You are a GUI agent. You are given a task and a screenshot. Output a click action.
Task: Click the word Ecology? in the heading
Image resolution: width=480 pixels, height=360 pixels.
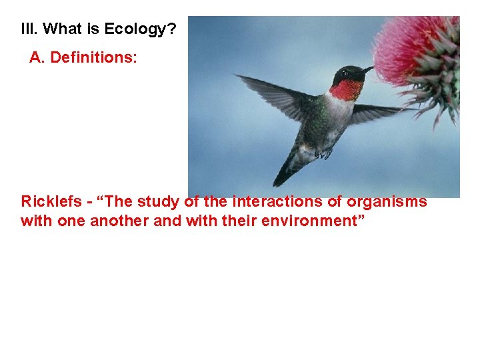141,29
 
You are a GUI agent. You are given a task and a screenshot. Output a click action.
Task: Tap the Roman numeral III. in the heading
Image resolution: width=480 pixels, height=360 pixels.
29,29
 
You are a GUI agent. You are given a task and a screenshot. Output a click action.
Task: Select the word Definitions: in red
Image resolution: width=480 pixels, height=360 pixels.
94,58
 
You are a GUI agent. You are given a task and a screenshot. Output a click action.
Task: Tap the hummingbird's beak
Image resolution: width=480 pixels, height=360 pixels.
367,69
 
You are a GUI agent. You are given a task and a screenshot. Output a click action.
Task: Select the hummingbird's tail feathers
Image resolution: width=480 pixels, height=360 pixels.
287,170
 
